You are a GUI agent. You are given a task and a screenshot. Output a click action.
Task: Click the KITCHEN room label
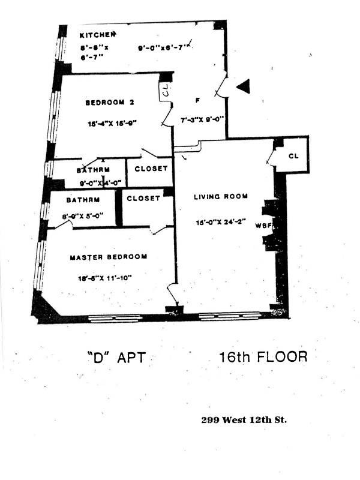pyautogui.click(x=97, y=35)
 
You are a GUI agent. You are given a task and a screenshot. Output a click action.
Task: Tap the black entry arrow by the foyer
pyautogui.click(x=242, y=88)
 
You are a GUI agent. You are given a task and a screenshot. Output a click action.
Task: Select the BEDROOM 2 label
pyautogui.click(x=109, y=103)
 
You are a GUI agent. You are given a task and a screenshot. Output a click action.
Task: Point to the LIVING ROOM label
pyautogui.click(x=220, y=197)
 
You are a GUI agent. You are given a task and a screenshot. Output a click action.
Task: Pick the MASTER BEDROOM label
pyautogui.click(x=109, y=257)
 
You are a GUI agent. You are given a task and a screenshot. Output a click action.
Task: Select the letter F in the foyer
pyautogui.click(x=197, y=100)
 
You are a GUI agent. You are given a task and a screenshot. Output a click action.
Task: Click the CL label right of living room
pyautogui.click(x=293, y=155)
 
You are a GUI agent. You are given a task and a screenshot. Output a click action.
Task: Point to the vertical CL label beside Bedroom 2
pyautogui.click(x=166, y=92)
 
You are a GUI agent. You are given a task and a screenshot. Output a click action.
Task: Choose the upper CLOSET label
pyautogui.click(x=151, y=169)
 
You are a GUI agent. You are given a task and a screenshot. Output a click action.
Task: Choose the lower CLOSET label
pyautogui.click(x=143, y=198)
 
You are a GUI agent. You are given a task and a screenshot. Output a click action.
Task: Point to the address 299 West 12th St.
pyautogui.click(x=244, y=420)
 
